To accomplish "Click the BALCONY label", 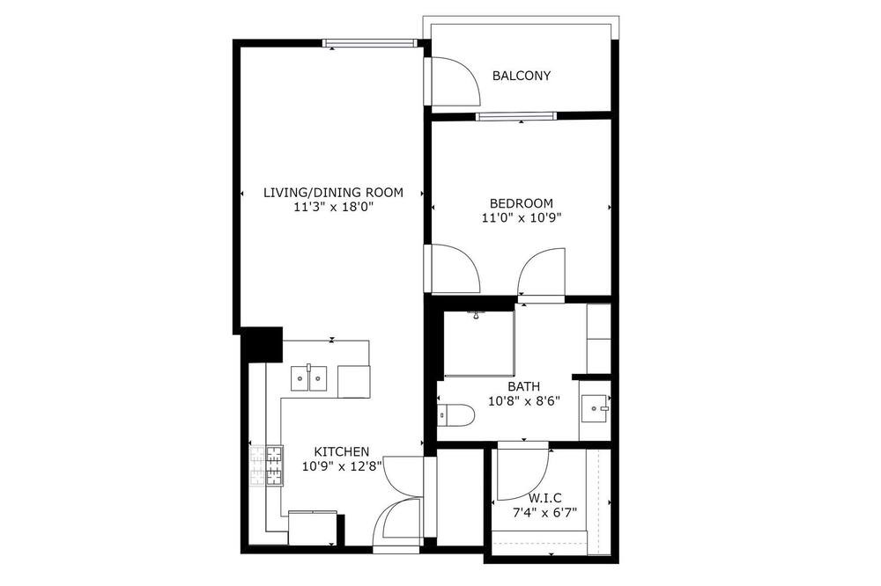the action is coord(522,76).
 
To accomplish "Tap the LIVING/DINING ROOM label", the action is coord(333,193).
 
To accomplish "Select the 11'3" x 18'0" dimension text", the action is coord(333,207).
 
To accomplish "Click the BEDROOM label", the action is coord(521,203).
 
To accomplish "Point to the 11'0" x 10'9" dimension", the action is coord(521,218).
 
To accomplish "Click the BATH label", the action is coord(523,387).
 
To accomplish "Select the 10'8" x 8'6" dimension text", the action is coord(523,401).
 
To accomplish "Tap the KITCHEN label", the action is coord(341,452).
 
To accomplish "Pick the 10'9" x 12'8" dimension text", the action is coord(342,465).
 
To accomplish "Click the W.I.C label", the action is coord(545,498).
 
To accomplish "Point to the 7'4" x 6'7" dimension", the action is coord(545,512).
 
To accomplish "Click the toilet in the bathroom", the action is coord(455,415).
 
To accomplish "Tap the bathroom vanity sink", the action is coord(595,408).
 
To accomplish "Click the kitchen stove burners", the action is coord(266,465).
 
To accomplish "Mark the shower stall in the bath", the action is coord(479,342).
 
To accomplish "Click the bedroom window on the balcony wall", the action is coord(515,117).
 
